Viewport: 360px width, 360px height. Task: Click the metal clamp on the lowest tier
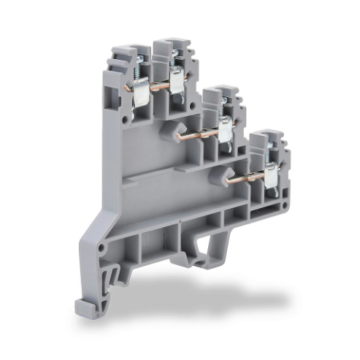click(x=271, y=175)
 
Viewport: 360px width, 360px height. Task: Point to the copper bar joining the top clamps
click(x=158, y=85)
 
